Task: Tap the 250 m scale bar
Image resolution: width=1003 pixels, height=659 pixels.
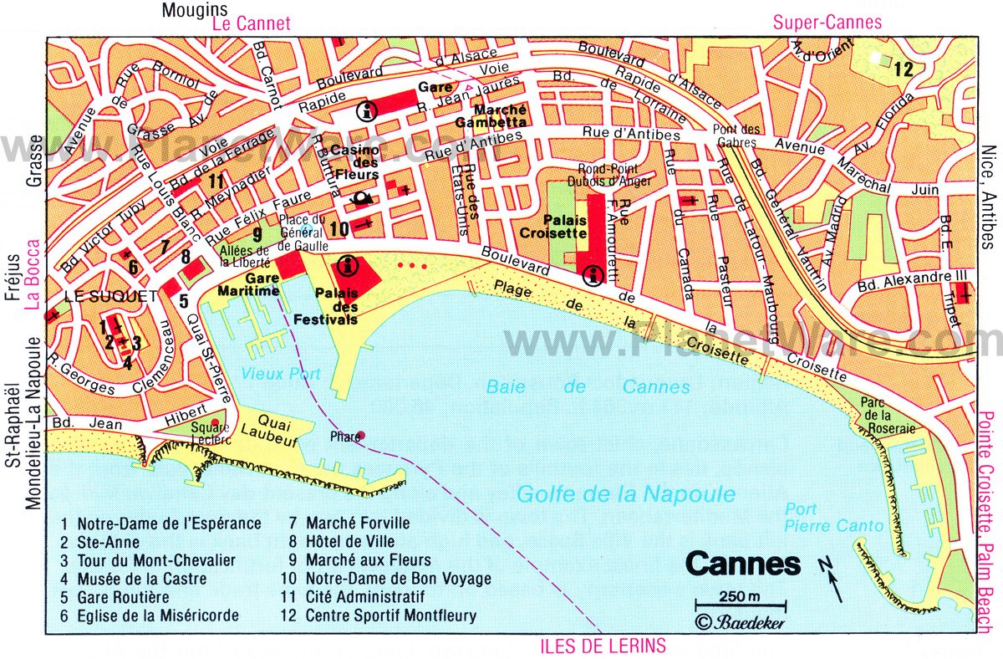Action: pos(740,603)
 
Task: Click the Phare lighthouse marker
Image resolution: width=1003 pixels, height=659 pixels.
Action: pos(360,436)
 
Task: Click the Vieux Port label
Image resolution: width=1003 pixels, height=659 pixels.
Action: pos(269,375)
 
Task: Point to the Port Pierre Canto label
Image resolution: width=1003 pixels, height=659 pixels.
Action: pos(832,517)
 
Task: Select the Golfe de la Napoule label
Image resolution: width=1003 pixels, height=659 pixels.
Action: pos(625,494)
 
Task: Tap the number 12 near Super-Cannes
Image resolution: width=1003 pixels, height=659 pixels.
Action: pos(903,69)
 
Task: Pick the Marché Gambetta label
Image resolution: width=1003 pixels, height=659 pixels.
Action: pos(490,115)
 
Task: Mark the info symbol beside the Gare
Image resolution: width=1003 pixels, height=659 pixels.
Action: pos(364,110)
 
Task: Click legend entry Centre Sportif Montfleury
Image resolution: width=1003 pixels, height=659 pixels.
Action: pos(390,616)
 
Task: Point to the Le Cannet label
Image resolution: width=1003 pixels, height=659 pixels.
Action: pos(252,24)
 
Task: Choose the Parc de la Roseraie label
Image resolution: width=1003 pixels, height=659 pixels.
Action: pos(888,415)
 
